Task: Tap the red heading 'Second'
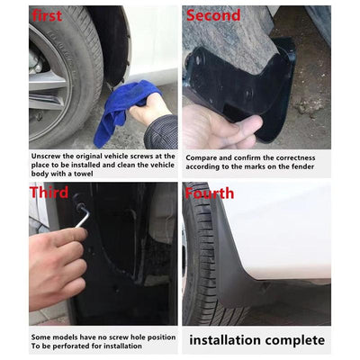[x=213, y=15]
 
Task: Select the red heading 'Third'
[x=49, y=193]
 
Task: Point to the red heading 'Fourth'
[x=210, y=193]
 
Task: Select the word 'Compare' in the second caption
[x=206, y=157]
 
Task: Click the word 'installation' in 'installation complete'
[x=227, y=340]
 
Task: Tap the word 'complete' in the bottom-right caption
[x=294, y=340]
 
